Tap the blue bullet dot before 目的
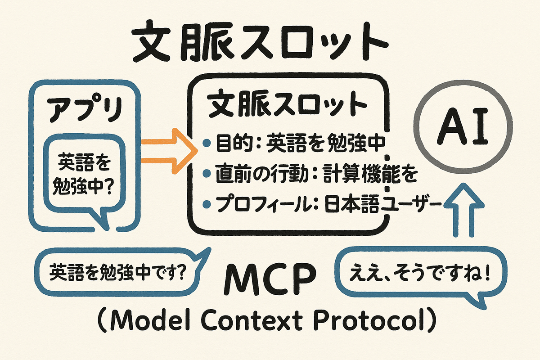pyautogui.click(x=207, y=144)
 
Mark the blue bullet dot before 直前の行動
pyautogui.click(x=207, y=175)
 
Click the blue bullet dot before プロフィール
pyautogui.click(x=207, y=205)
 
